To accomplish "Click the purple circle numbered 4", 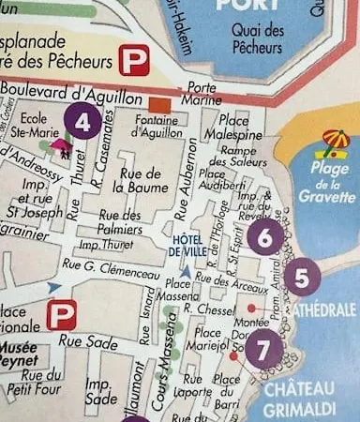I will tap(83, 121).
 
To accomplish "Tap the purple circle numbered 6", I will tap(265, 238).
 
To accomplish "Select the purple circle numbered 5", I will tap(301, 278).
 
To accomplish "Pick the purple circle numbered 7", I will tap(263, 346).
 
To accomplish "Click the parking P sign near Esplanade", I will tap(131, 62).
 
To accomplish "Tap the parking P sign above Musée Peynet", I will tap(62, 313).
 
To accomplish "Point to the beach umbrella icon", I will tap(335, 143).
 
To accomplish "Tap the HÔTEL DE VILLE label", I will tap(187, 246).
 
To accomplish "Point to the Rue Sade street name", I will tap(83, 342).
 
